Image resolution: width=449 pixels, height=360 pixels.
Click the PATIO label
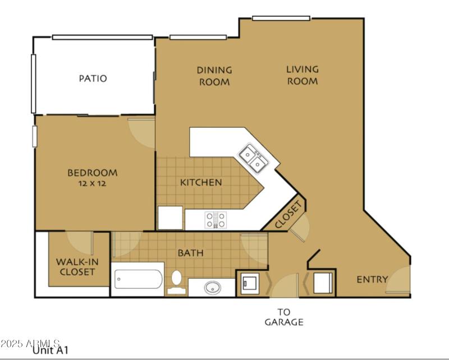pyautogui.click(x=93, y=79)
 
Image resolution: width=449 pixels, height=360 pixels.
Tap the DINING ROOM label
pyautogui.click(x=214, y=76)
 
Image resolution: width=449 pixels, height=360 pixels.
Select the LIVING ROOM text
pyautogui.click(x=303, y=75)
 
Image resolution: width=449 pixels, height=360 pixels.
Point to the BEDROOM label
pyautogui.click(x=93, y=173)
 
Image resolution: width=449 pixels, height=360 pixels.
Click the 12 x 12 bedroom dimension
pyautogui.click(x=93, y=183)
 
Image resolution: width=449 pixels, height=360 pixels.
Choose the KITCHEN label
pyautogui.click(x=201, y=182)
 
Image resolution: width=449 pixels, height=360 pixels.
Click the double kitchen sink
pyautogui.click(x=253, y=159)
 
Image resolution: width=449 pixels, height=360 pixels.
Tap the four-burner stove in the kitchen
pyautogui.click(x=215, y=219)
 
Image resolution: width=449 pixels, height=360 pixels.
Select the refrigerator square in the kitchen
pyautogui.click(x=170, y=218)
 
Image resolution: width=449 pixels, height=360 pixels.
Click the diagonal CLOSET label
pyautogui.click(x=289, y=215)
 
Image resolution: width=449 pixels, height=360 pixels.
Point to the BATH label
pyautogui.click(x=190, y=253)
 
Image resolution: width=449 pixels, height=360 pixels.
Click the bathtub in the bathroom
pyautogui.click(x=139, y=279)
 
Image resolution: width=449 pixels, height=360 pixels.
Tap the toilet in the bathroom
pyautogui.click(x=176, y=281)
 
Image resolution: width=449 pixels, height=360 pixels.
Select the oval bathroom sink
pyautogui.click(x=213, y=288)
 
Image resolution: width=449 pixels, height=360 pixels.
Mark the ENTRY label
pyautogui.click(x=372, y=279)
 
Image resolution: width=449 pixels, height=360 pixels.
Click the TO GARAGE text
pyautogui.click(x=284, y=317)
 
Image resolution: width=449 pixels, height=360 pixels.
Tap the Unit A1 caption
pyautogui.click(x=51, y=352)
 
